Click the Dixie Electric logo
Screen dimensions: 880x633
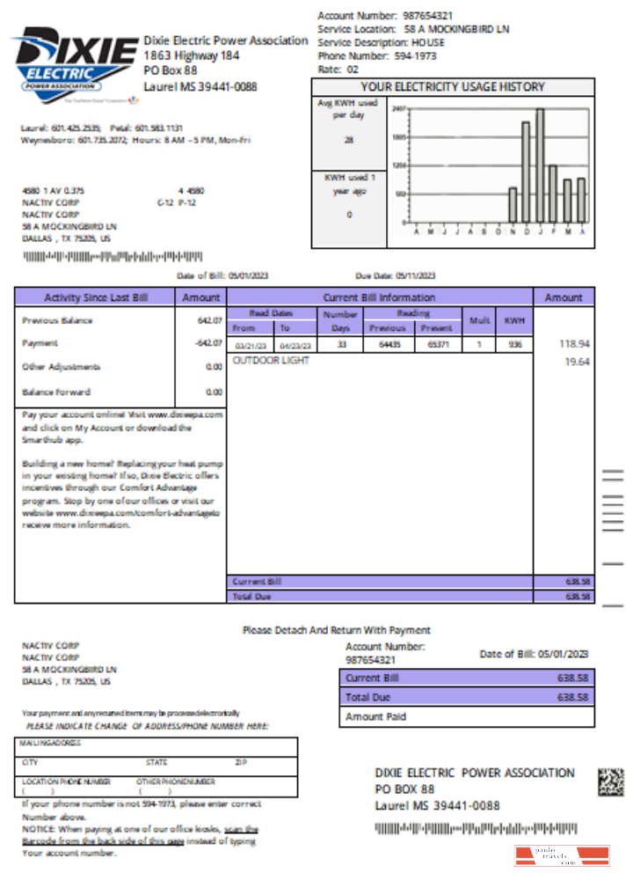tap(74, 61)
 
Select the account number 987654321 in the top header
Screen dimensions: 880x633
tap(428, 16)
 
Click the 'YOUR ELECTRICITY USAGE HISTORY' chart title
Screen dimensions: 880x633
tap(453, 87)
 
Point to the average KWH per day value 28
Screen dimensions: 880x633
tap(348, 140)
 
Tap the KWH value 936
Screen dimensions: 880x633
tap(514, 344)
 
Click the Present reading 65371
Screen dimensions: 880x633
tap(436, 344)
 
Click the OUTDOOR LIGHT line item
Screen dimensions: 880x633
tap(271, 361)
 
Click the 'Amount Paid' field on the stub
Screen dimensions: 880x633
tap(376, 717)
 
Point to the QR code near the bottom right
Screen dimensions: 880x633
tap(611, 781)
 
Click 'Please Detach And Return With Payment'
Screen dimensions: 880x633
tap(337, 630)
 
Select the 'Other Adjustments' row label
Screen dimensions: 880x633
tap(62, 367)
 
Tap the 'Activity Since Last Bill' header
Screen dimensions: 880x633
tap(94, 297)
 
